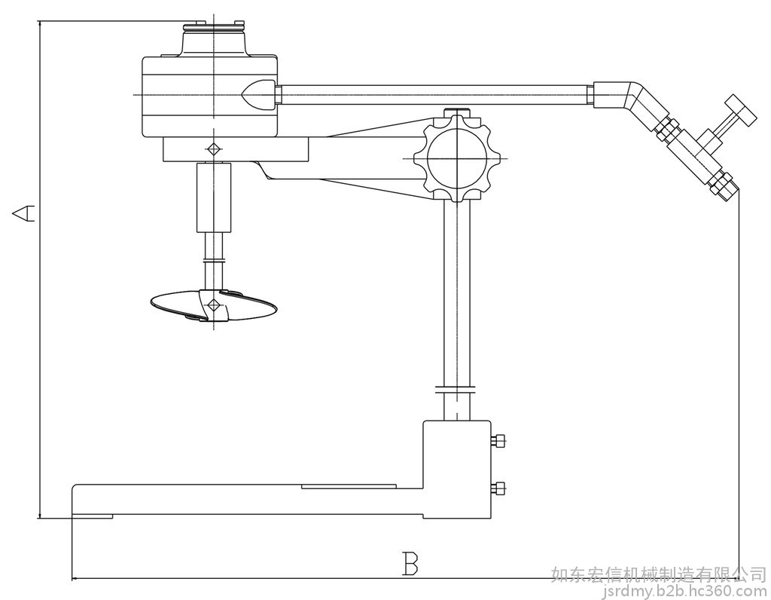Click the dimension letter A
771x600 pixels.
point(23,213)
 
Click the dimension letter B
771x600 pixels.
point(410,564)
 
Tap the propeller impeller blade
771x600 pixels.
point(213,306)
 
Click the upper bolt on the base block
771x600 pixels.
point(498,440)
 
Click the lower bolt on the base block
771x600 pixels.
point(498,488)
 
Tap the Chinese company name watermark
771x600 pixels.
point(658,574)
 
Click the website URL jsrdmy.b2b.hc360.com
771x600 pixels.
point(684,590)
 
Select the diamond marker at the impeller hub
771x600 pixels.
point(213,305)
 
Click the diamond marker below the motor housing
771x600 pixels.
point(213,148)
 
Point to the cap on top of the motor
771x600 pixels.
point(213,38)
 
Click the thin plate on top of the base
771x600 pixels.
point(349,486)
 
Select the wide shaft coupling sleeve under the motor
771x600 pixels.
point(214,197)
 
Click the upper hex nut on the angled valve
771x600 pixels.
point(667,130)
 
